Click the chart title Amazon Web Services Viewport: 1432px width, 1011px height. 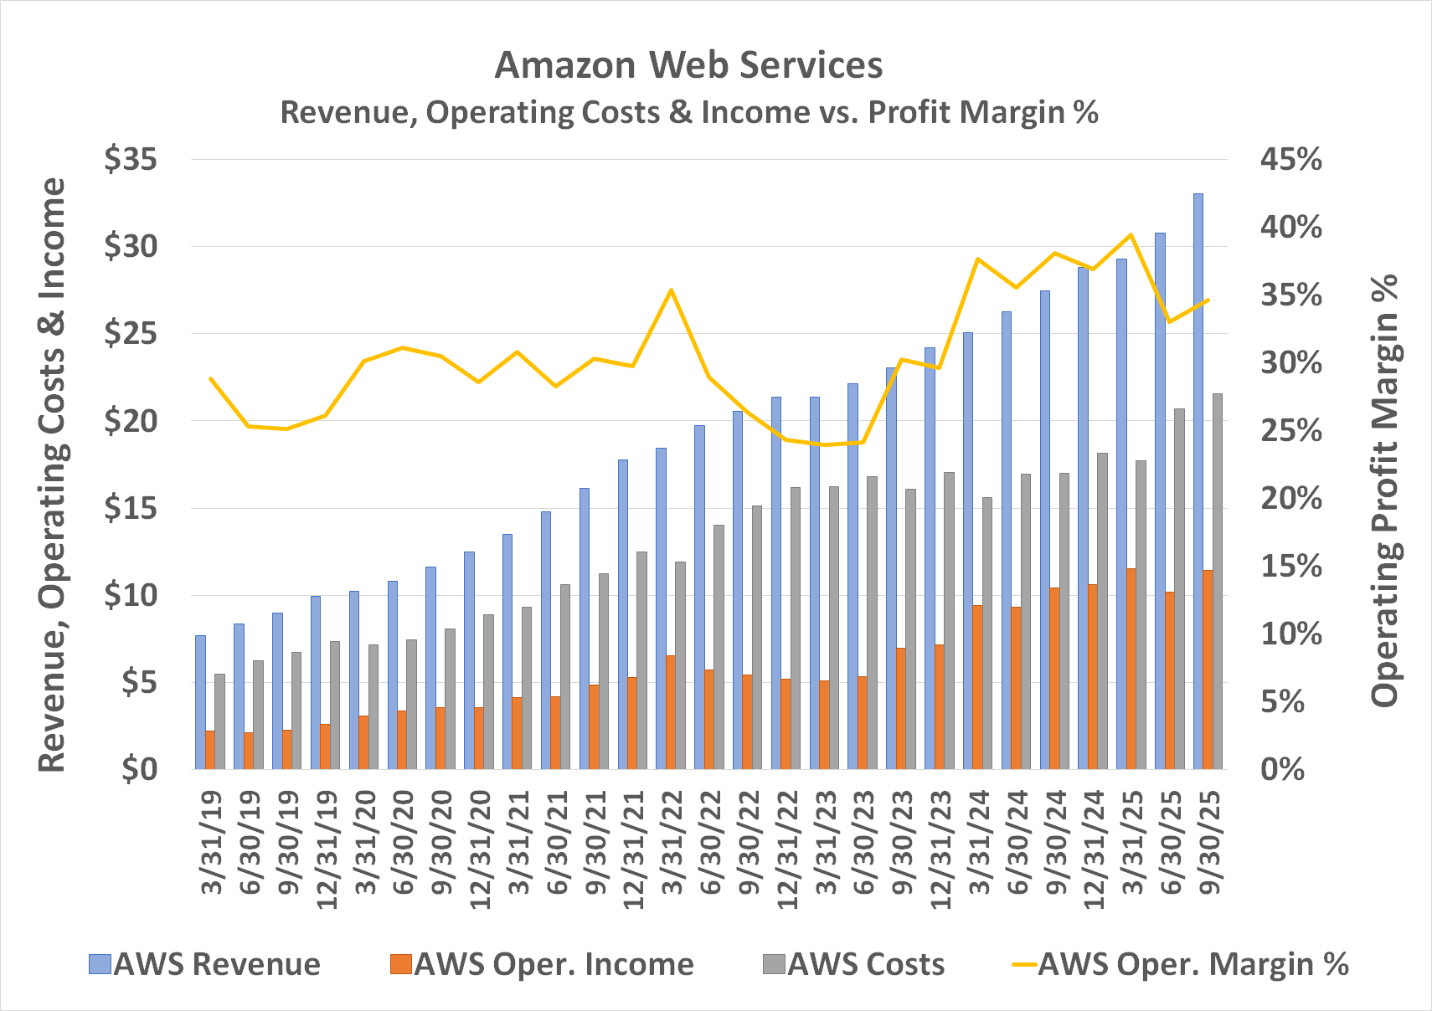(688, 65)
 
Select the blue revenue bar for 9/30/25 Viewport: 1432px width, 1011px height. (1198, 481)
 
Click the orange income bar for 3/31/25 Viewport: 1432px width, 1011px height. (1131, 669)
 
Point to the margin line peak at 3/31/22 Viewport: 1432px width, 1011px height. (671, 290)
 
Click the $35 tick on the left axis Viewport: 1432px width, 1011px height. (131, 159)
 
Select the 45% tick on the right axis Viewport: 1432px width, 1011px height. (1290, 159)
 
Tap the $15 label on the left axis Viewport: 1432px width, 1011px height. (131, 508)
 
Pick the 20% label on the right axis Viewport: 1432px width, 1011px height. (1290, 499)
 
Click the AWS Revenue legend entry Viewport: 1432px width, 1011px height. (206, 964)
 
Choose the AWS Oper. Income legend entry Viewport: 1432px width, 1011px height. (543, 964)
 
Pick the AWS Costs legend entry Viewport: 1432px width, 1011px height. (854, 964)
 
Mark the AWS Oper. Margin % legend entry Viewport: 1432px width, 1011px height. (1181, 964)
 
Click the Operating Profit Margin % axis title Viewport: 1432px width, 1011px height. (1385, 490)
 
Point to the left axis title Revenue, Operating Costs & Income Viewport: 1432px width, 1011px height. (52, 474)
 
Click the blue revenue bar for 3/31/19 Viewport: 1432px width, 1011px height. (200, 702)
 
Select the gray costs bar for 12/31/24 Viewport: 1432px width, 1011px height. (1102, 611)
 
